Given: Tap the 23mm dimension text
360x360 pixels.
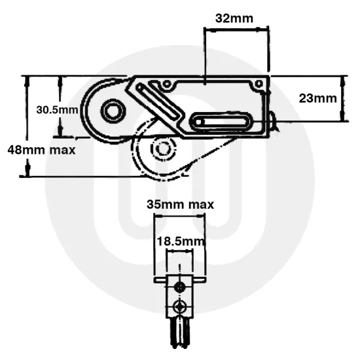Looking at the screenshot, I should (317, 98).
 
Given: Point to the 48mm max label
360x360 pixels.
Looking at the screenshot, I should (41, 149).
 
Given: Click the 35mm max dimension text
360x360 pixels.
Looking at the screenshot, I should (180, 205).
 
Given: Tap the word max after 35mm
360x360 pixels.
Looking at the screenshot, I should (201, 205).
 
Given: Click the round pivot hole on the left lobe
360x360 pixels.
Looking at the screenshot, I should (112, 111).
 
